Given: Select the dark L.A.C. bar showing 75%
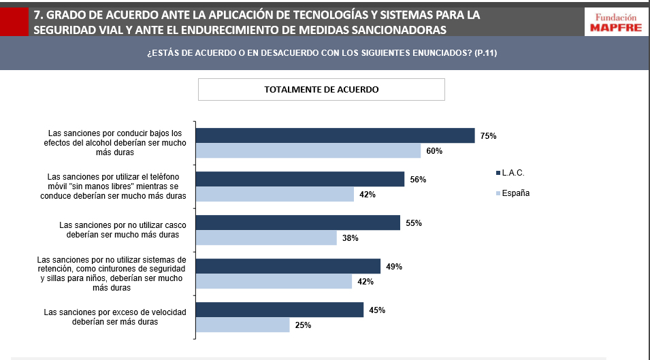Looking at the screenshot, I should coord(335,135).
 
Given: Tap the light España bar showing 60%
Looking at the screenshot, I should coord(308,150).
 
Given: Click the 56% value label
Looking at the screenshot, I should coord(418,180).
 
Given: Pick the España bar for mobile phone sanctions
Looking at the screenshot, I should coord(275,195).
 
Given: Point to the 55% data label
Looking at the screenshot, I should coord(414,223).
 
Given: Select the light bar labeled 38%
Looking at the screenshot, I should coord(266,238).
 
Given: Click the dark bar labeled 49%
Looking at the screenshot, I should coord(288,267).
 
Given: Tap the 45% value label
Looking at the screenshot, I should coord(377,310).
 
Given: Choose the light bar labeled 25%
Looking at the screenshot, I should coord(242,325).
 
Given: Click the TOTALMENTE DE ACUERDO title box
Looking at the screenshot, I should coord(321,89).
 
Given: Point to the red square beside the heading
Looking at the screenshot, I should coord(14,21).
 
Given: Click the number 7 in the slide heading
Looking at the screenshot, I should coord(37,14).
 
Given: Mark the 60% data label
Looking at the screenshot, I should coord(434,151).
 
